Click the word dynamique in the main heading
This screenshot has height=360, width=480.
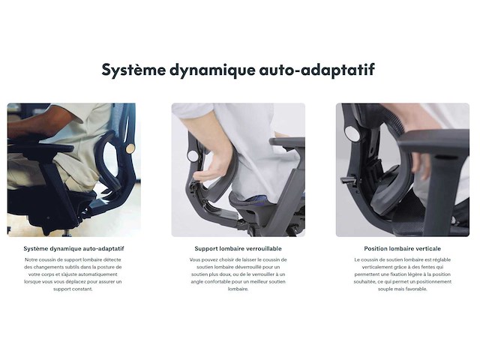pyautogui.click(x=214, y=70)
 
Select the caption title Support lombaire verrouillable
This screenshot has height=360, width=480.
pyautogui.click(x=238, y=248)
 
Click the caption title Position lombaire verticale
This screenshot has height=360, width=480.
pyautogui.click(x=402, y=248)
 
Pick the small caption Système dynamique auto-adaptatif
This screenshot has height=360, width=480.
pyautogui.click(x=73, y=248)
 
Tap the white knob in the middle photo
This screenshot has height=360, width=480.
pyautogui.click(x=193, y=155)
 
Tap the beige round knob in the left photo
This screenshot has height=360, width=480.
pyautogui.click(x=130, y=148)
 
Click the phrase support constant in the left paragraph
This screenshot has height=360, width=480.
pyautogui.click(x=73, y=289)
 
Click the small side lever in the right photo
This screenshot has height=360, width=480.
pyautogui.click(x=348, y=181)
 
